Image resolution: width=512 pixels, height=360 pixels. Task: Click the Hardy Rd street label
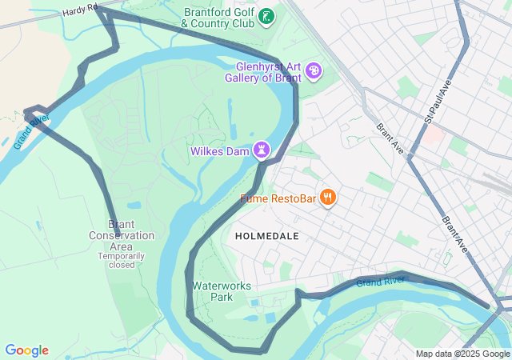(81, 9)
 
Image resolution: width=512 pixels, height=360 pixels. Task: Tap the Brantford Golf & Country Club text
(218, 18)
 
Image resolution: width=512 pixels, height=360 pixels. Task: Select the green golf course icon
(267, 16)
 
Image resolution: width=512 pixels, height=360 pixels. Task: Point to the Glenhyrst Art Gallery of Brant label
(268, 72)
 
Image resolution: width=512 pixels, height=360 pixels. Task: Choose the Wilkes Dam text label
(219, 150)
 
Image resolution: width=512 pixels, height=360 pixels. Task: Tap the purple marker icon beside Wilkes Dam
(262, 150)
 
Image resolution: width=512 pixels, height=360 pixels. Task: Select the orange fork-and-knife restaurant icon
(327, 197)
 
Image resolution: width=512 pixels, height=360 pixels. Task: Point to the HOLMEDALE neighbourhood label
(266, 236)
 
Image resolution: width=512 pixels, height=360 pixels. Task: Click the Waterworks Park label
(222, 291)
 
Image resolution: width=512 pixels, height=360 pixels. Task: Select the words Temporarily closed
(122, 260)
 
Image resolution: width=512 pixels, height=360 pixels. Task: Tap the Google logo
(26, 350)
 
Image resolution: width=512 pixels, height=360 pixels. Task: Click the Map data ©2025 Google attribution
(462, 354)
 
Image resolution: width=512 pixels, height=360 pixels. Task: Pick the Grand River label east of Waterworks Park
(381, 282)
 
